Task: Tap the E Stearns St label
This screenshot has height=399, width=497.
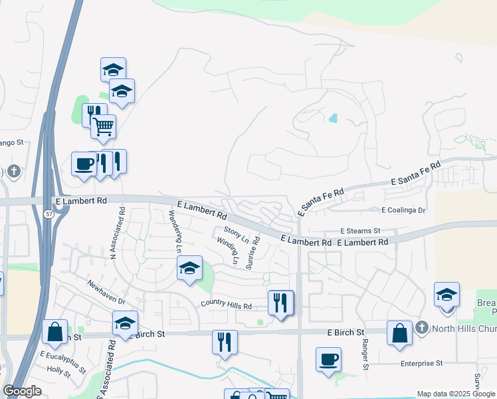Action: click(x=359, y=231)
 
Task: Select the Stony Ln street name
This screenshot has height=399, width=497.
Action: click(x=237, y=234)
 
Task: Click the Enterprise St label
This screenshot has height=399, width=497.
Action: click(x=421, y=363)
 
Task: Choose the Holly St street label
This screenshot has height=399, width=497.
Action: click(x=58, y=370)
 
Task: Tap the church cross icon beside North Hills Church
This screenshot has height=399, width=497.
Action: click(x=421, y=328)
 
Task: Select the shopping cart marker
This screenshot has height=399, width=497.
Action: click(x=103, y=126)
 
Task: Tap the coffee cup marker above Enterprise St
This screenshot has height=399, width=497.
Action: click(x=328, y=360)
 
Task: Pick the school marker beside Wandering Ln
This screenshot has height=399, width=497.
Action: click(x=189, y=269)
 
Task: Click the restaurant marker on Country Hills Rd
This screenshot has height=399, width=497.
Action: click(x=280, y=303)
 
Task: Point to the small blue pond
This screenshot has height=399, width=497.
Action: click(x=333, y=118)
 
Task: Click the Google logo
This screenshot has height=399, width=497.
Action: click(x=23, y=391)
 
